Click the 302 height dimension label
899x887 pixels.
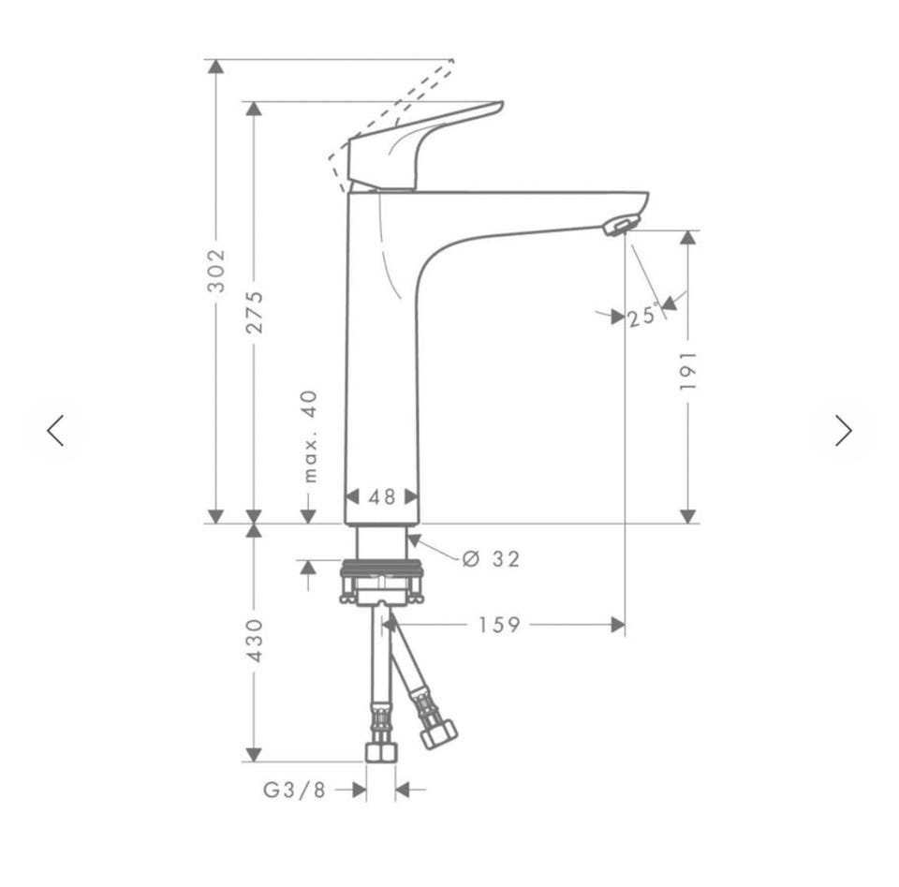216,271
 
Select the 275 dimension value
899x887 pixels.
254,313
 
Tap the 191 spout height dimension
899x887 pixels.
687,372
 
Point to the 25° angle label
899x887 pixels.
642,317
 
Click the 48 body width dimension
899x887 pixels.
382,496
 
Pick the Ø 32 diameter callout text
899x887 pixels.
492,558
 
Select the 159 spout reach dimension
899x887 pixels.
499,625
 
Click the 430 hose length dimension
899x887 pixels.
254,641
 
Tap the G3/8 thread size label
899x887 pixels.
294,791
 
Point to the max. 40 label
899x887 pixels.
310,436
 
